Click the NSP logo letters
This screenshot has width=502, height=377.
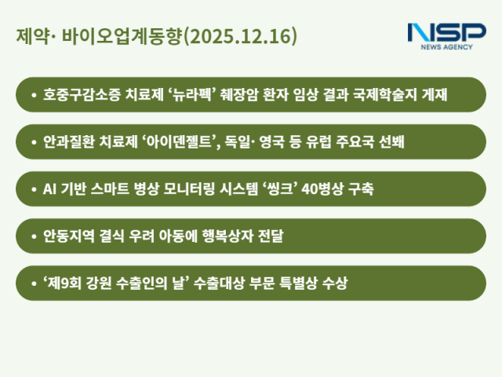(x=446, y=32)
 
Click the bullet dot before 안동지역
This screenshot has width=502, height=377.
(x=33, y=236)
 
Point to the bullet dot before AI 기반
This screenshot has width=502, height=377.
(x=33, y=189)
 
